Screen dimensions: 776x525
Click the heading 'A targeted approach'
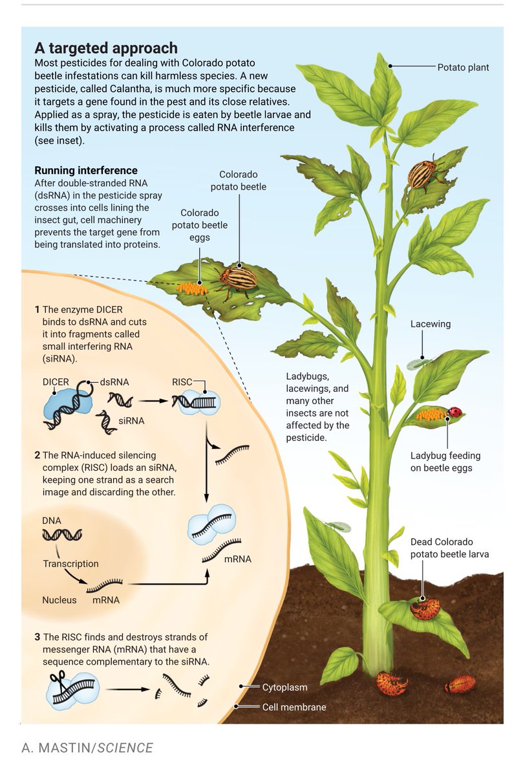pyautogui.click(x=105, y=48)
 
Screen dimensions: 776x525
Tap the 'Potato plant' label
pyautogui.click(x=463, y=67)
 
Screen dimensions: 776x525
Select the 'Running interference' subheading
pyautogui.click(x=85, y=171)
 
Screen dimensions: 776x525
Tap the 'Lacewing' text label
pyautogui.click(x=430, y=323)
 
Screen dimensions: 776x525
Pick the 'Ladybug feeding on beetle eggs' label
pyautogui.click(x=445, y=462)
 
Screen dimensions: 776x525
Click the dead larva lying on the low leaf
pyautogui.click(x=425, y=609)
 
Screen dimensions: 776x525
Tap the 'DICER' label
pyautogui.click(x=56, y=382)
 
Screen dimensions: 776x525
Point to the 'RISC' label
pyautogui.click(x=182, y=382)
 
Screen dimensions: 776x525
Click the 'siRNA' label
pyautogui.click(x=131, y=421)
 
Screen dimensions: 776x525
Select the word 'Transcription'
pyautogui.click(x=70, y=563)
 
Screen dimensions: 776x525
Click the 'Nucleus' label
pyautogui.click(x=59, y=599)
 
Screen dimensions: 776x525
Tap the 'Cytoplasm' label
pyautogui.click(x=284, y=687)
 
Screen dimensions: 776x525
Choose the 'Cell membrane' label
pyautogui.click(x=294, y=707)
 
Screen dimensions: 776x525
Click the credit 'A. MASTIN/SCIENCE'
pyautogui.click(x=87, y=748)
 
